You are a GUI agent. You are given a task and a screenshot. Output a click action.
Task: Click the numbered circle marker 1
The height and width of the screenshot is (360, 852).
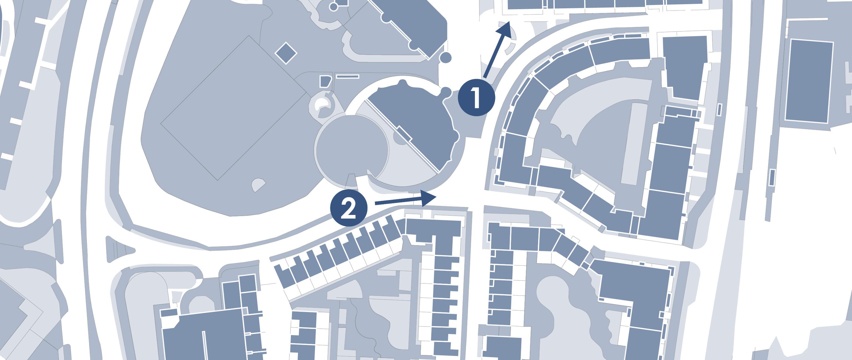click(x=476, y=97)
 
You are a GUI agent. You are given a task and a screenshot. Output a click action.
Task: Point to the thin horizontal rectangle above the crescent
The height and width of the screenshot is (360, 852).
click(x=347, y=76)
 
